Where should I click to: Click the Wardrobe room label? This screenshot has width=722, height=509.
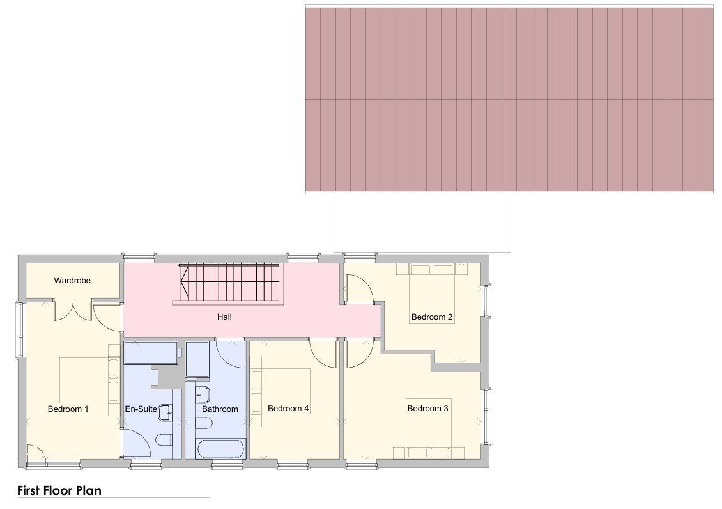click(72, 280)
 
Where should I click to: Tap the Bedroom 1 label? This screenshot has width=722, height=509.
click(68, 409)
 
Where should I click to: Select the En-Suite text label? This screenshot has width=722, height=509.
click(141, 409)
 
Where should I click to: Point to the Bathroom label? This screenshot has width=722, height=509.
click(220, 409)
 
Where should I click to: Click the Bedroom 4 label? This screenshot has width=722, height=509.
click(288, 408)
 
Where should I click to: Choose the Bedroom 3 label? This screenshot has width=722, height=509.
click(427, 408)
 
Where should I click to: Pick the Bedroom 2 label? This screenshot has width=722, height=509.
click(432, 317)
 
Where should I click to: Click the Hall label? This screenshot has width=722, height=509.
click(225, 317)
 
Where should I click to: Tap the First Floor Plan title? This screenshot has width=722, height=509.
click(59, 490)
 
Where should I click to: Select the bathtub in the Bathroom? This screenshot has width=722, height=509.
click(220, 448)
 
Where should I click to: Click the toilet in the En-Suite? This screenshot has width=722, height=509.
click(164, 441)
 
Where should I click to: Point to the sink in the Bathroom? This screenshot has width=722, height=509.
click(203, 394)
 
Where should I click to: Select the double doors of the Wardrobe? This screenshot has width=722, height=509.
click(73, 311)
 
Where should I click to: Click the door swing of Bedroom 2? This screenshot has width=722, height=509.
click(359, 288)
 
